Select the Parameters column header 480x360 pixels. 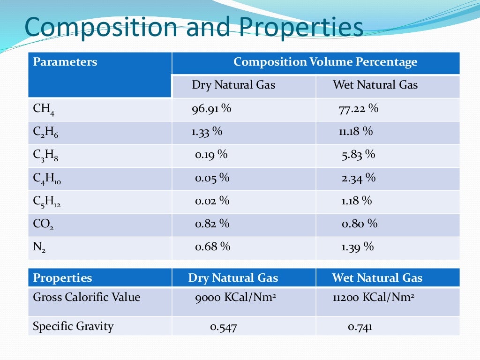click(65, 62)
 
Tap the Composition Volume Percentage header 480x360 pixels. click(325, 62)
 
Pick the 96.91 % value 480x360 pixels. click(211, 109)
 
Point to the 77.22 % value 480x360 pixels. click(358, 109)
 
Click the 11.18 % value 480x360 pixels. click(356, 132)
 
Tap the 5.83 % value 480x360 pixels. click(358, 155)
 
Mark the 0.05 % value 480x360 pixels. click(212, 178)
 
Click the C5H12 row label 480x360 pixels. click(47, 202)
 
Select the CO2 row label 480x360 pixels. click(43, 225)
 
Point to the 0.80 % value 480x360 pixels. click(359, 224)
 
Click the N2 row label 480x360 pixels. click(39, 247)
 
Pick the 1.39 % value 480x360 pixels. click(357, 247)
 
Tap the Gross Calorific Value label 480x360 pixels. click(86, 297)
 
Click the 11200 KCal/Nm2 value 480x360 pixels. click(374, 297)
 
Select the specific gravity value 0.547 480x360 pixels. click(223, 327)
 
